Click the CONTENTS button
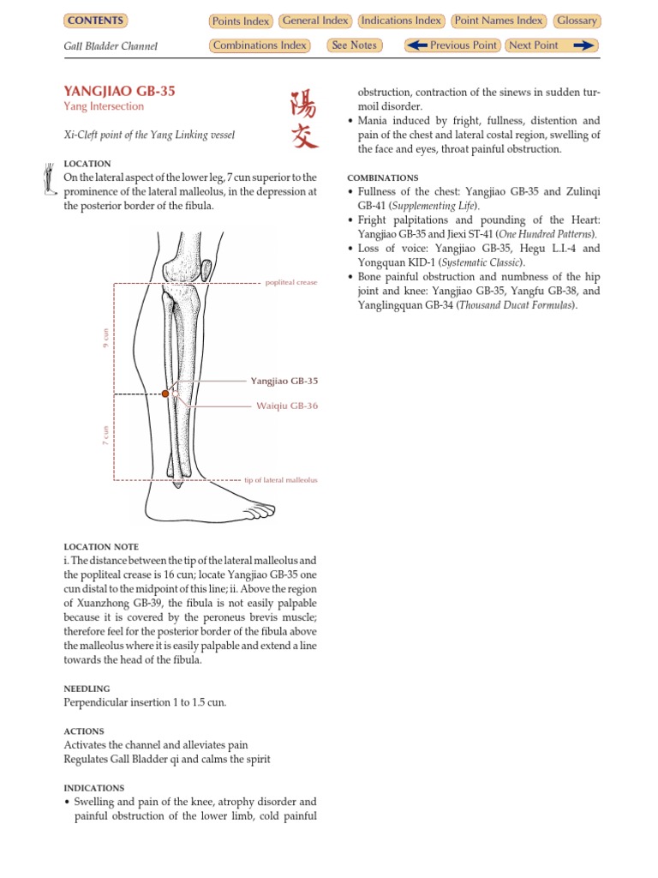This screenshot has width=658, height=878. [x=95, y=21]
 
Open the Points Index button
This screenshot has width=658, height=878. [x=240, y=21]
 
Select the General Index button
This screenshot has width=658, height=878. [x=314, y=21]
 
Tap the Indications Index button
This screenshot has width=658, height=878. [x=401, y=21]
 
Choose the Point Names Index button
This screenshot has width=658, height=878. [x=499, y=21]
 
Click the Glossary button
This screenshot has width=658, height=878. [x=577, y=21]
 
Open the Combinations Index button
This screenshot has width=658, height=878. [x=260, y=45]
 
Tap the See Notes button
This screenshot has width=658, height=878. [x=354, y=45]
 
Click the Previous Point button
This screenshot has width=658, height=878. [x=452, y=45]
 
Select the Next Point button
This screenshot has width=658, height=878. [x=551, y=45]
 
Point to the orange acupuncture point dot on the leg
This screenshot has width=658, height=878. [x=165, y=394]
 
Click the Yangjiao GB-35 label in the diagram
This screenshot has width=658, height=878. [x=284, y=380]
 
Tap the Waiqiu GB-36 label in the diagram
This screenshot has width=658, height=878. [x=287, y=406]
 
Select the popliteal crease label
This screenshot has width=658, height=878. [x=291, y=282]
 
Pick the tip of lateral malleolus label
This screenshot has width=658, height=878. [x=281, y=480]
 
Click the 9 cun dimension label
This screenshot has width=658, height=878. [x=106, y=339]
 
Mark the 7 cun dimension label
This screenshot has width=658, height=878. [x=106, y=436]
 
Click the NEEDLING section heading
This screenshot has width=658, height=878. [x=87, y=689]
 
